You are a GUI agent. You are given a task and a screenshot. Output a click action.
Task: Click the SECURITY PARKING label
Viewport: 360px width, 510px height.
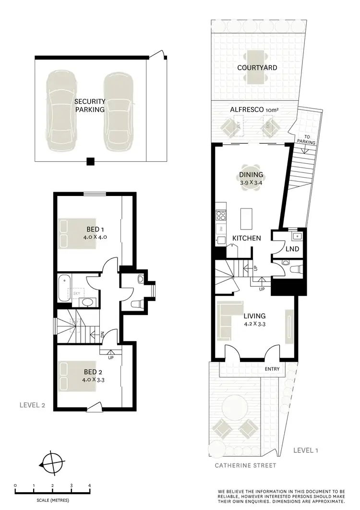point(89,106)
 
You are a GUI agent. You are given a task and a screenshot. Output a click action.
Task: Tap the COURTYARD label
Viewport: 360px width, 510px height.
point(257,68)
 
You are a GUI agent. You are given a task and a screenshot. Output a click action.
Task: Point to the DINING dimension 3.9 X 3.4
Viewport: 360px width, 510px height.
point(252,183)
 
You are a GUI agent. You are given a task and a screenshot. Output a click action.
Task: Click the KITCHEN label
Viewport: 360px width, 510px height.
point(247,238)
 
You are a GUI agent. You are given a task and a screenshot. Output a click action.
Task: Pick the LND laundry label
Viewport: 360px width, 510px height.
point(292,249)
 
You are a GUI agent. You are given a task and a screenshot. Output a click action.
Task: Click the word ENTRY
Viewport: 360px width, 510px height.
point(272,369)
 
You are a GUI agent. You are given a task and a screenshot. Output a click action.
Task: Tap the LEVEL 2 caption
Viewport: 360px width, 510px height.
point(32,405)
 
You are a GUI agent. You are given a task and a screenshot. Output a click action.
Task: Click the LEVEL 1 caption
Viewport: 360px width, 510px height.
point(306,450)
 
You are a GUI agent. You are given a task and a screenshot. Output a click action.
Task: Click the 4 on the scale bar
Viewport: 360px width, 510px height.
point(89,486)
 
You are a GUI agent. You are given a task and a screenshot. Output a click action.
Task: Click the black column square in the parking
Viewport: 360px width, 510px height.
point(90,161)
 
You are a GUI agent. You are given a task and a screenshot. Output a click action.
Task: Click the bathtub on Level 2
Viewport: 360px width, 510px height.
point(64,288)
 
